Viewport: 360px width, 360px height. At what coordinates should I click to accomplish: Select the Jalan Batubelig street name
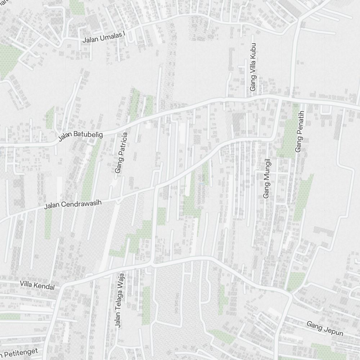81,136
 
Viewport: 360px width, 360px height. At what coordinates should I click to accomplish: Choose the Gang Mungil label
267,179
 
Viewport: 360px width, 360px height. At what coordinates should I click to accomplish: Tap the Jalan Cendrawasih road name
73,204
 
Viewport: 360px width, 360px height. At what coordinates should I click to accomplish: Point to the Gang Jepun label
325,329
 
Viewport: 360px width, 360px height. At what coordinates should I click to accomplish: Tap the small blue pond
202,184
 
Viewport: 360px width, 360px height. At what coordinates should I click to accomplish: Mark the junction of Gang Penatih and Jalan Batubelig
302,100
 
